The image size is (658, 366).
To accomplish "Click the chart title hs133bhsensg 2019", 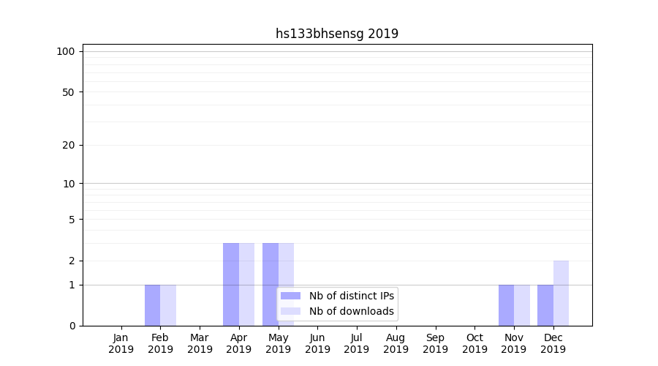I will (337, 34).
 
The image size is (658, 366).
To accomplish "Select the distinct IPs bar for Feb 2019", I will (152, 305).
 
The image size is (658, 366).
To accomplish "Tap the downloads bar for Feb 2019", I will (168, 305).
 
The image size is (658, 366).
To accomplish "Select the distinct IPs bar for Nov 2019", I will (506, 305).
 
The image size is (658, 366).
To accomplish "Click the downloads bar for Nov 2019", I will (522, 305).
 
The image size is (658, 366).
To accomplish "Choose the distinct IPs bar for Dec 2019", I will (545, 305).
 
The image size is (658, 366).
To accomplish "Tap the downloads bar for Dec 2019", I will (561, 293).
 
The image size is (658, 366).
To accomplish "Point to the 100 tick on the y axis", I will (66, 51).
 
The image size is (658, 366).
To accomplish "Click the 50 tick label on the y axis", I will (69, 92).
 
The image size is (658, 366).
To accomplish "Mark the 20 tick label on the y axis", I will (69, 145).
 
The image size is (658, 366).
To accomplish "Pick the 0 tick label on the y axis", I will (72, 326).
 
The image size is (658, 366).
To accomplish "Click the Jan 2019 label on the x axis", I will (121, 343).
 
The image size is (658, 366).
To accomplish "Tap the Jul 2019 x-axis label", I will (357, 343).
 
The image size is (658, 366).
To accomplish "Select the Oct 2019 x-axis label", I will (474, 343).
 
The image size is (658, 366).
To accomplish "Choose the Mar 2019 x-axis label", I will (200, 343).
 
